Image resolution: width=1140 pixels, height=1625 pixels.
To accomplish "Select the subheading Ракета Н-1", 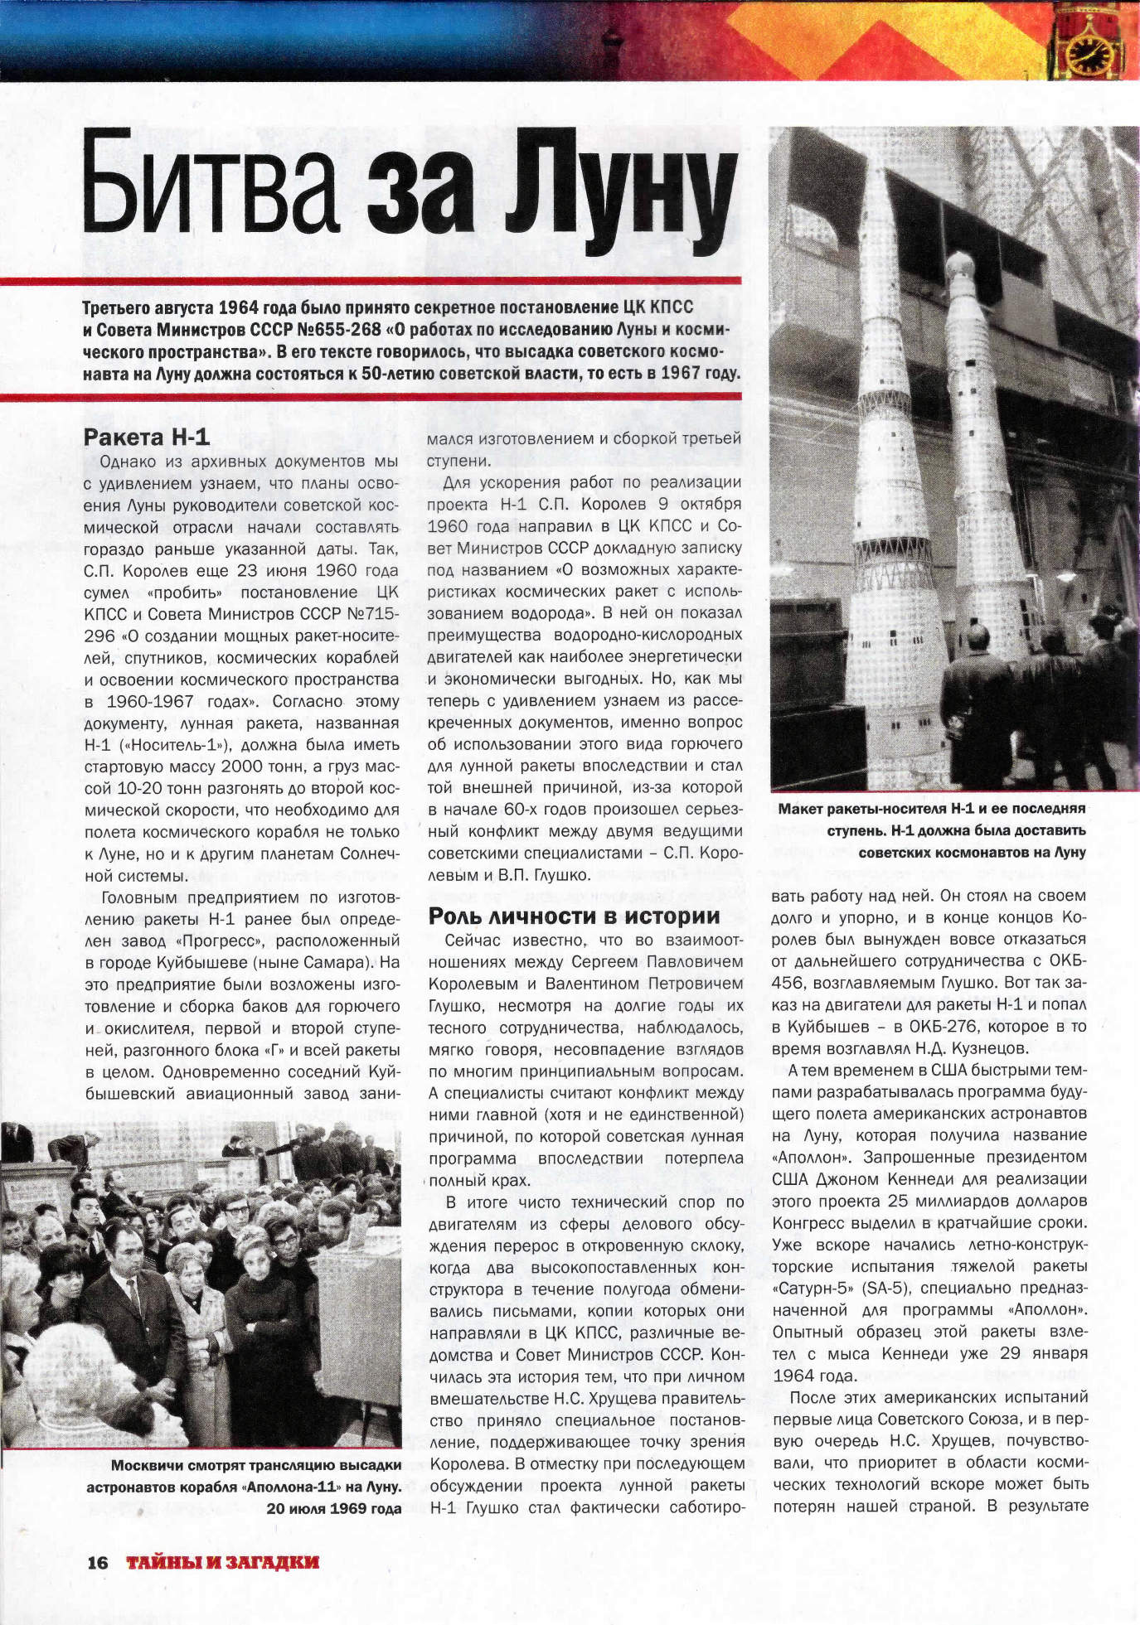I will (147, 437).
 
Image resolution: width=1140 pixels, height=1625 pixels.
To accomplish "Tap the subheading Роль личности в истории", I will (574, 916).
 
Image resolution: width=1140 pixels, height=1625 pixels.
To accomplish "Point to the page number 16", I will (98, 1562).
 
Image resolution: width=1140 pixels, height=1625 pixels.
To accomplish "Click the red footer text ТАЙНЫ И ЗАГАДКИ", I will (222, 1562).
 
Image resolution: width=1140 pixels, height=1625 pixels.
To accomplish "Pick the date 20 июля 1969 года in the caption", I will (334, 1508).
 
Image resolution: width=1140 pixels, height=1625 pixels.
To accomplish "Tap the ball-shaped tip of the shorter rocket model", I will (961, 267).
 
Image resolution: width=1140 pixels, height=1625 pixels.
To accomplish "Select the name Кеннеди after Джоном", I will (909, 1178).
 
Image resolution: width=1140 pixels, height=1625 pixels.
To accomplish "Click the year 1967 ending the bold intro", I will (681, 373).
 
